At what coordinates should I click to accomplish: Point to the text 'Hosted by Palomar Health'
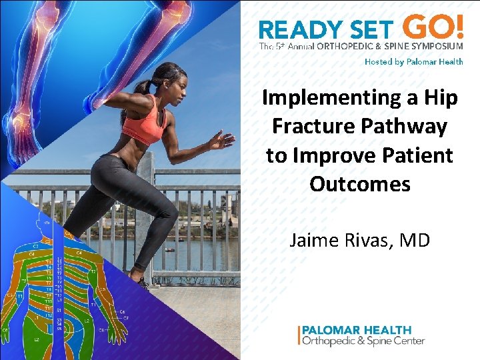coord(413,61)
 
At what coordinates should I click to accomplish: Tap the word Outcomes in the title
coord(360,183)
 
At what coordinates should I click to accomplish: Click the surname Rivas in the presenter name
coord(364,239)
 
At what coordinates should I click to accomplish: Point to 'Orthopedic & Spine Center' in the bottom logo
coord(363,341)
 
